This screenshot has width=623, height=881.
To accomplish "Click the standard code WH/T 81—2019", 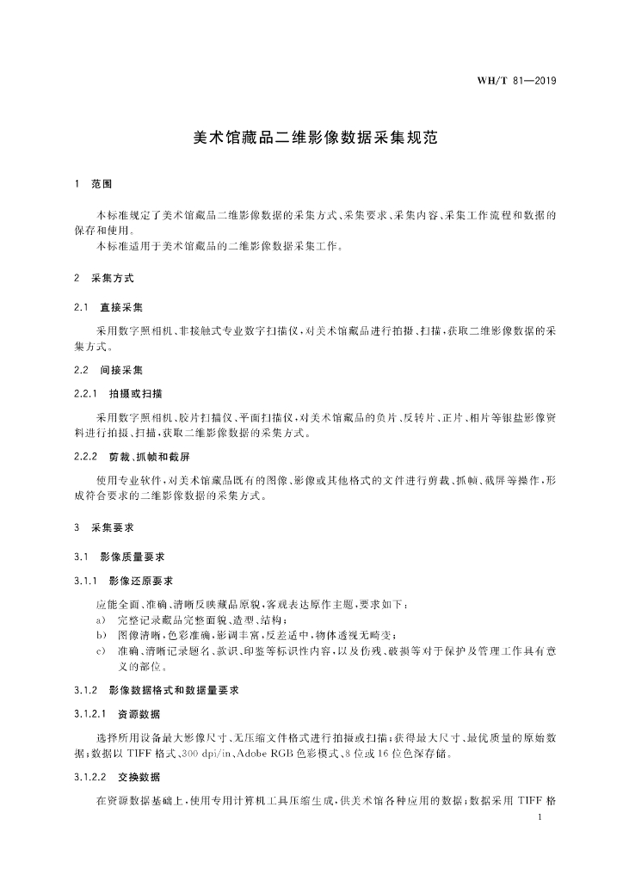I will tap(516, 82).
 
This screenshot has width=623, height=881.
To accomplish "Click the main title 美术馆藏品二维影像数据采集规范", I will tap(311, 137).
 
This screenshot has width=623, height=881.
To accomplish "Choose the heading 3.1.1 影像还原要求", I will tap(124, 581).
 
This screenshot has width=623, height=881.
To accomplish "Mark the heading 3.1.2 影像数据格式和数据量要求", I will tap(156, 690).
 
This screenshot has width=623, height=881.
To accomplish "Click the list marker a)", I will tap(101, 619).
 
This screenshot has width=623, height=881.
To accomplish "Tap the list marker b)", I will tap(101, 635).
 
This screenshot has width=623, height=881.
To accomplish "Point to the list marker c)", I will tap(101, 650).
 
